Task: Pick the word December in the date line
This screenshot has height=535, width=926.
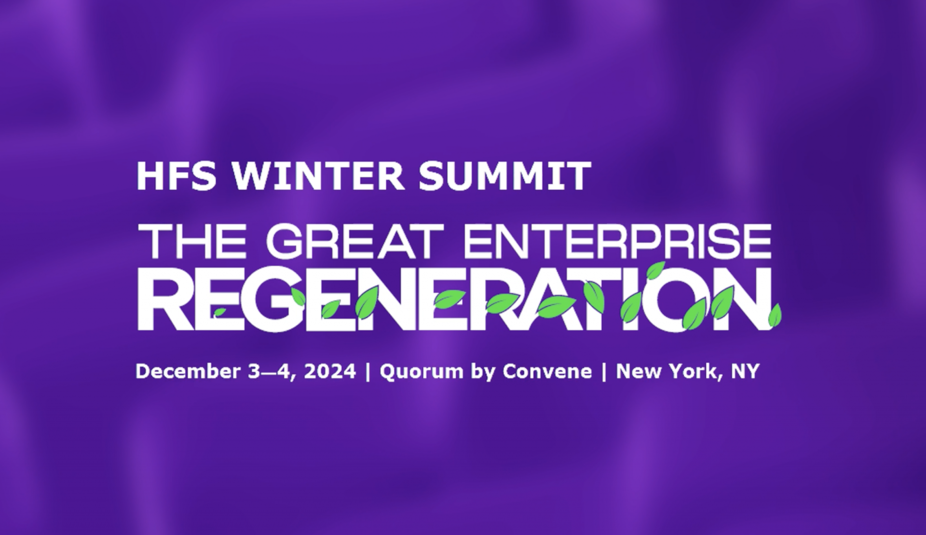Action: coord(188,371)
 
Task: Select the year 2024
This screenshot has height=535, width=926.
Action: coord(330,371)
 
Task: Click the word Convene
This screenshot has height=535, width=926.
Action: coord(547,371)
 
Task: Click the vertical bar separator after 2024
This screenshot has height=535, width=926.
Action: coord(368,372)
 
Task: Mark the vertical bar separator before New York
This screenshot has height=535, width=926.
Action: coord(604,372)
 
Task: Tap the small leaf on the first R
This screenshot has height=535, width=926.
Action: coord(220,312)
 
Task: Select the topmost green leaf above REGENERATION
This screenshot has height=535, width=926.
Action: coord(656,271)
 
